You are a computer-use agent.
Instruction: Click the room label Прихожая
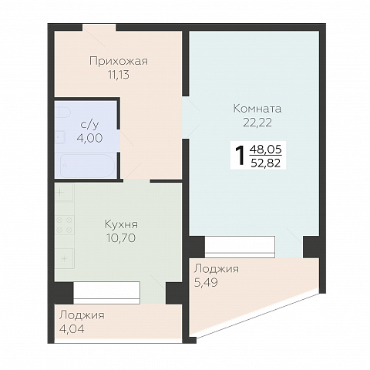[119, 62]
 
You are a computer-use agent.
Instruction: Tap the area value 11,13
[119, 75]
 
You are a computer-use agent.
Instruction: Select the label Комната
[257, 109]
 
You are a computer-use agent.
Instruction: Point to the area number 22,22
[257, 123]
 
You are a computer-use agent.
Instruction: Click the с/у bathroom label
[89, 125]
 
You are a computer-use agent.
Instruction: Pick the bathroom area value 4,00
[89, 138]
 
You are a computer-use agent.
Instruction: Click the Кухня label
[121, 224]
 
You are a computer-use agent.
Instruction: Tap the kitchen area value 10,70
[121, 238]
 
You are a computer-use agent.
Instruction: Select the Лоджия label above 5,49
[217, 269]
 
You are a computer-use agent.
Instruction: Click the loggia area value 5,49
[206, 283]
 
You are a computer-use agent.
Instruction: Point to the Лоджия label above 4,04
[82, 315]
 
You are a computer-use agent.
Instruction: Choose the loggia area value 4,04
[72, 329]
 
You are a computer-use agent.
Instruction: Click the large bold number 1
[240, 156]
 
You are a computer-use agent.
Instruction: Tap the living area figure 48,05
[266, 150]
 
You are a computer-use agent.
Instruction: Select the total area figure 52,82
[266, 163]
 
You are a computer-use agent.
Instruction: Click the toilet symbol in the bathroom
[63, 113]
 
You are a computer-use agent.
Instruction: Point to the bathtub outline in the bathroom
[88, 166]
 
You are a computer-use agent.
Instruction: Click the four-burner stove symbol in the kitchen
[65, 225]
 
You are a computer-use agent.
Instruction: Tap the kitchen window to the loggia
[106, 293]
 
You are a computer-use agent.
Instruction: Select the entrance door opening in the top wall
[99, 28]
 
